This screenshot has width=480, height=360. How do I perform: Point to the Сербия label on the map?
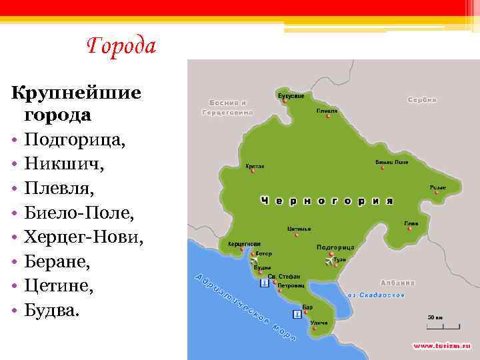[422, 99]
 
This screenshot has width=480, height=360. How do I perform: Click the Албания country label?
[397, 283]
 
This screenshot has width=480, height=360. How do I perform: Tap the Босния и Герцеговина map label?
[227, 107]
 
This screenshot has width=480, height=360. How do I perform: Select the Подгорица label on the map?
[335, 247]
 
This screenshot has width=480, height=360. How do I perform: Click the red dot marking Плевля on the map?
[328, 116]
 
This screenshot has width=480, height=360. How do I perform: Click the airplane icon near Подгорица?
[330, 260]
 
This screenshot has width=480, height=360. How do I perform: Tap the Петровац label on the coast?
[291, 285]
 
